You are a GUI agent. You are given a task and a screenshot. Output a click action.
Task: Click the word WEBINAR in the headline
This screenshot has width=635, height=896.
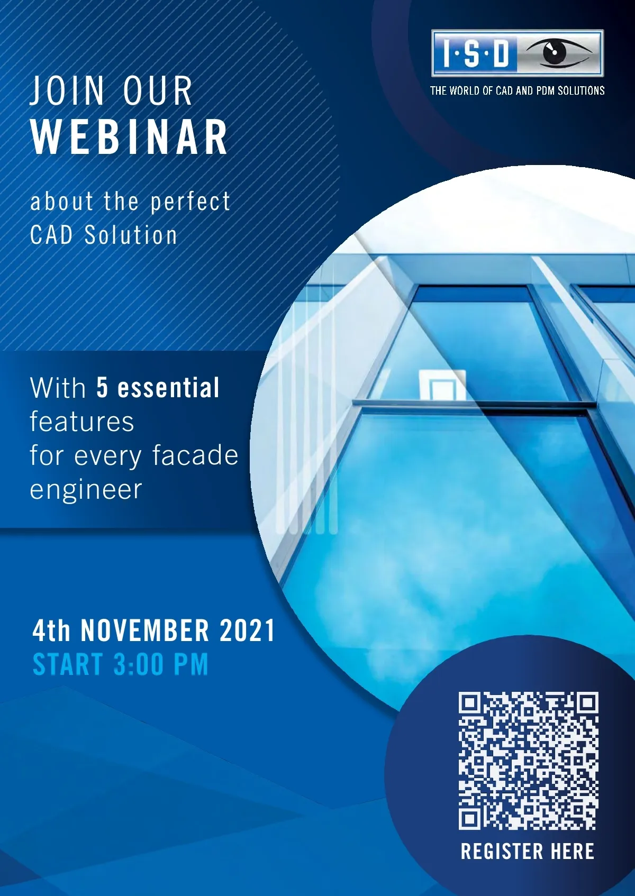(130, 137)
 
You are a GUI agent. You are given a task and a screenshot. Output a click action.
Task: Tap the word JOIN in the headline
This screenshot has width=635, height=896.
(67, 91)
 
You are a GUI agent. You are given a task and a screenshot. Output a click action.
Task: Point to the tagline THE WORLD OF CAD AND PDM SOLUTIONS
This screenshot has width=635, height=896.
(518, 91)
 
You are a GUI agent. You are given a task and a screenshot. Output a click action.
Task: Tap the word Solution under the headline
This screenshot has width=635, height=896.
(131, 235)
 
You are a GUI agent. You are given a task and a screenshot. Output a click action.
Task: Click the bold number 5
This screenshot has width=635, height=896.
(102, 387)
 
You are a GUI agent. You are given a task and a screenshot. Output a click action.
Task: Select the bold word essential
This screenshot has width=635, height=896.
(168, 387)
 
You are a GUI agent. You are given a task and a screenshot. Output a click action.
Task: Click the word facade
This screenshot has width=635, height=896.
(195, 455)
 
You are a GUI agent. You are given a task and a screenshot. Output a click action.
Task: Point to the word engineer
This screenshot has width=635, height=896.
(86, 490)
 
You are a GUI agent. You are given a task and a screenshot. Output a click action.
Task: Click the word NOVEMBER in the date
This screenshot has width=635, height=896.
(145, 630)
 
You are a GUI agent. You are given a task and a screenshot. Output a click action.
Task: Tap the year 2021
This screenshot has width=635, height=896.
(247, 630)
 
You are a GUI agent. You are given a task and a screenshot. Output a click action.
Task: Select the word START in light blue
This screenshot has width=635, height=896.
(68, 664)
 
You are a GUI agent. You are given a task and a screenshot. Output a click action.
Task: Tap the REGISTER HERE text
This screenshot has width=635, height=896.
(528, 851)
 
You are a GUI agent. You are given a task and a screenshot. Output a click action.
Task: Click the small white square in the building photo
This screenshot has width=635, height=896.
(442, 385)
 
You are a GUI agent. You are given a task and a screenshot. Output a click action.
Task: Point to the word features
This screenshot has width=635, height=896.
(82, 422)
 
